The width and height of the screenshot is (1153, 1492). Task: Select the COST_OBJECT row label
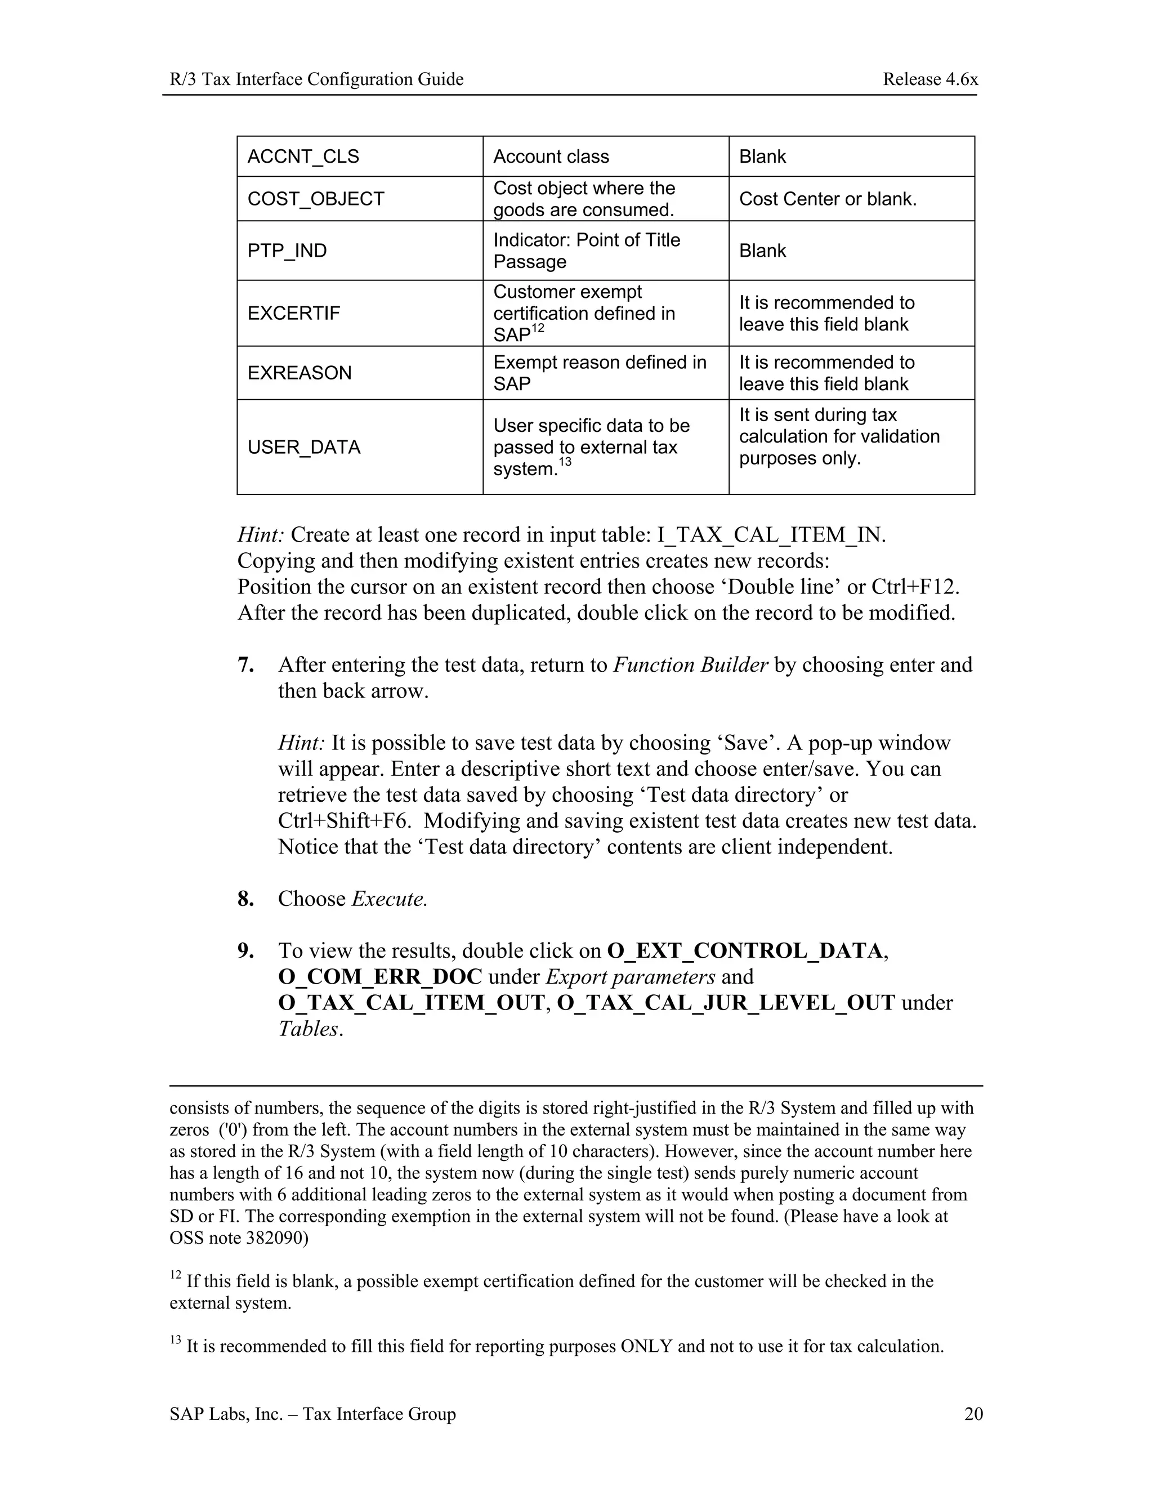click(316, 199)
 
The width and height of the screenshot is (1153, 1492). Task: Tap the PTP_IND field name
click(287, 251)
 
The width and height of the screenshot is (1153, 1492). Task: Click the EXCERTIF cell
click(294, 313)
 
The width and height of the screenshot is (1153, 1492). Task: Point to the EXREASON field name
click(299, 373)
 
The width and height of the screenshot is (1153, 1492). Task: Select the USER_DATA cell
click(303, 448)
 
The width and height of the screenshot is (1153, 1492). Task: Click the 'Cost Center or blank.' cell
click(827, 199)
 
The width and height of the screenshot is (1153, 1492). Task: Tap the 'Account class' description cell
click(551, 157)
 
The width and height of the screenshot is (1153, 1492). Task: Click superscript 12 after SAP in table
click(538, 329)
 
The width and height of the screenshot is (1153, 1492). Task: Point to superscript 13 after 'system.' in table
click(564, 462)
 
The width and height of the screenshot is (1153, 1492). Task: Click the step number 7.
click(245, 665)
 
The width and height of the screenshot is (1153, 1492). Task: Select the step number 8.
click(245, 899)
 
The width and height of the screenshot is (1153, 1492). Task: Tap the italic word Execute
click(390, 899)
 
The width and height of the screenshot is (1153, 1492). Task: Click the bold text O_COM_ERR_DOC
click(380, 977)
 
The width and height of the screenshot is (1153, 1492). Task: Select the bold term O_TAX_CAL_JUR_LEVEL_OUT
click(725, 1003)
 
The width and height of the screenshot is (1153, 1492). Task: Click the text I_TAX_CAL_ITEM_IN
click(771, 535)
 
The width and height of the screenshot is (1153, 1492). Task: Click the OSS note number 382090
click(276, 1238)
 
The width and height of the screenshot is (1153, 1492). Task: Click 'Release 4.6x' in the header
click(929, 79)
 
